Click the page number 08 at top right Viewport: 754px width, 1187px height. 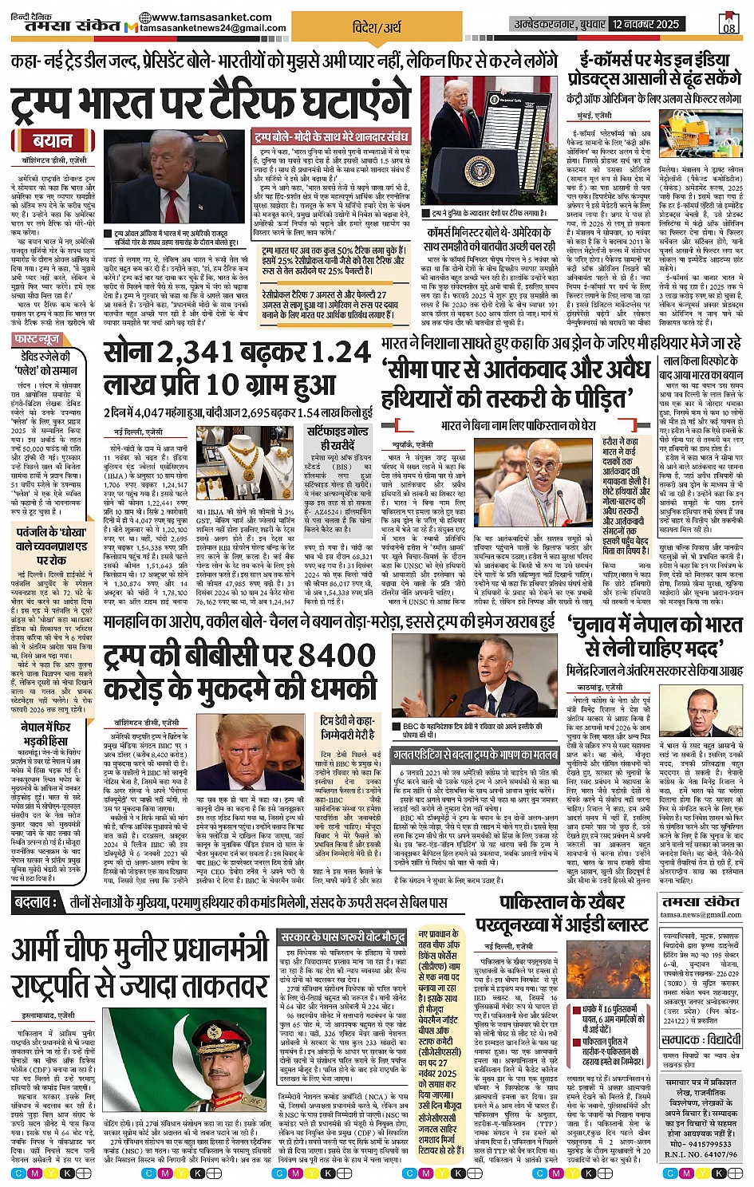coord(728,24)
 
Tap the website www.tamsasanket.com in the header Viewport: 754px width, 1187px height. coord(193,17)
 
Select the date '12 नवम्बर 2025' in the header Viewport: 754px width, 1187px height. coord(646,24)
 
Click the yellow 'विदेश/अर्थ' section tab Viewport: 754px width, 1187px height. coord(377,27)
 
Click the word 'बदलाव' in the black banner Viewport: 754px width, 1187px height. coord(35,903)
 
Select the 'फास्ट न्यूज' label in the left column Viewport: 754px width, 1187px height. coord(36,340)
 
